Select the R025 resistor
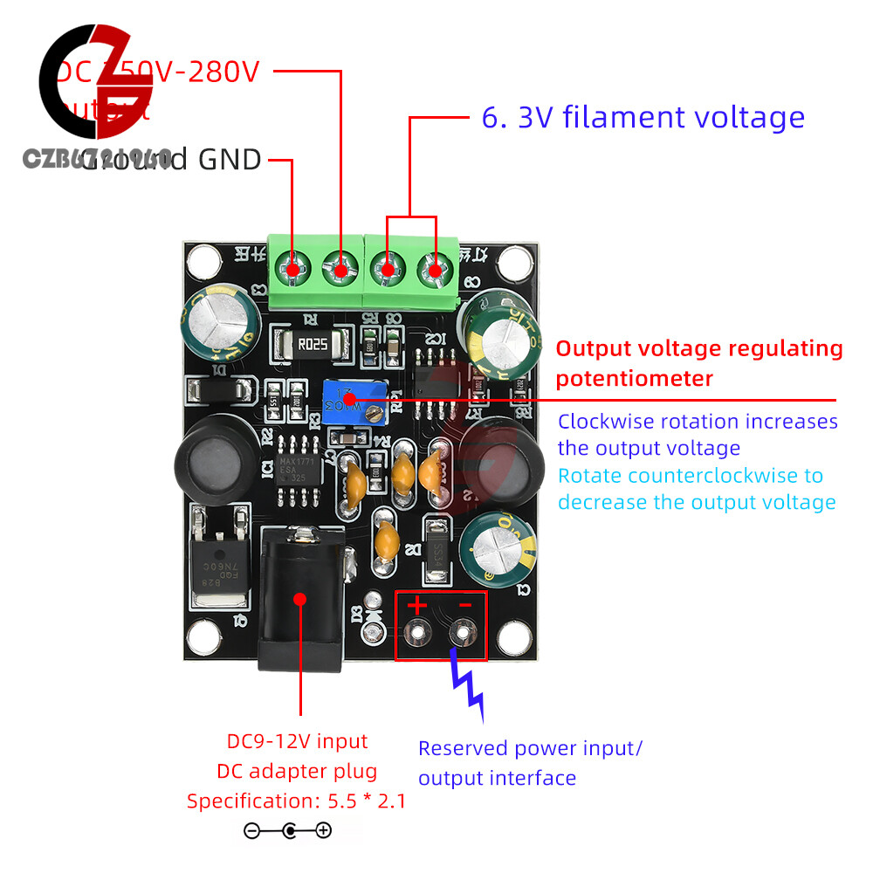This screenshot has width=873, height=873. [311, 343]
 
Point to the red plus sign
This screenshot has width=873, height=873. [416, 604]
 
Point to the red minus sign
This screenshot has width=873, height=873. [464, 604]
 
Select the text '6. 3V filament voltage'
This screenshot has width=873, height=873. [643, 117]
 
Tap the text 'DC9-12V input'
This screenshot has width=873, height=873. [298, 742]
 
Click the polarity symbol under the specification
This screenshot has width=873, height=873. [287, 831]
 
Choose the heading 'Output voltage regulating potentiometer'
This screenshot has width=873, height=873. [699, 363]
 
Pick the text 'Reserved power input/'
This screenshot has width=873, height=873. [530, 748]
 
